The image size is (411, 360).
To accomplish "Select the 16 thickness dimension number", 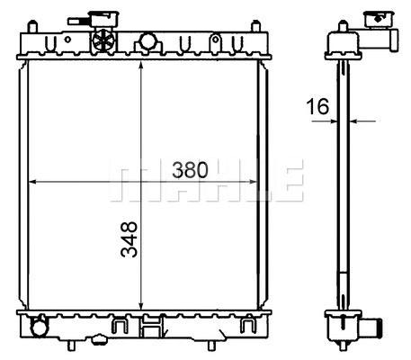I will coord(317,107).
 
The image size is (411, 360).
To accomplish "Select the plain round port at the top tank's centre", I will coord(147,41).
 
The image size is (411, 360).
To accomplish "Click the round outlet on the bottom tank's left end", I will coord(37,326).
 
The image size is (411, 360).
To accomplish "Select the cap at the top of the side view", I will coord(373,18).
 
